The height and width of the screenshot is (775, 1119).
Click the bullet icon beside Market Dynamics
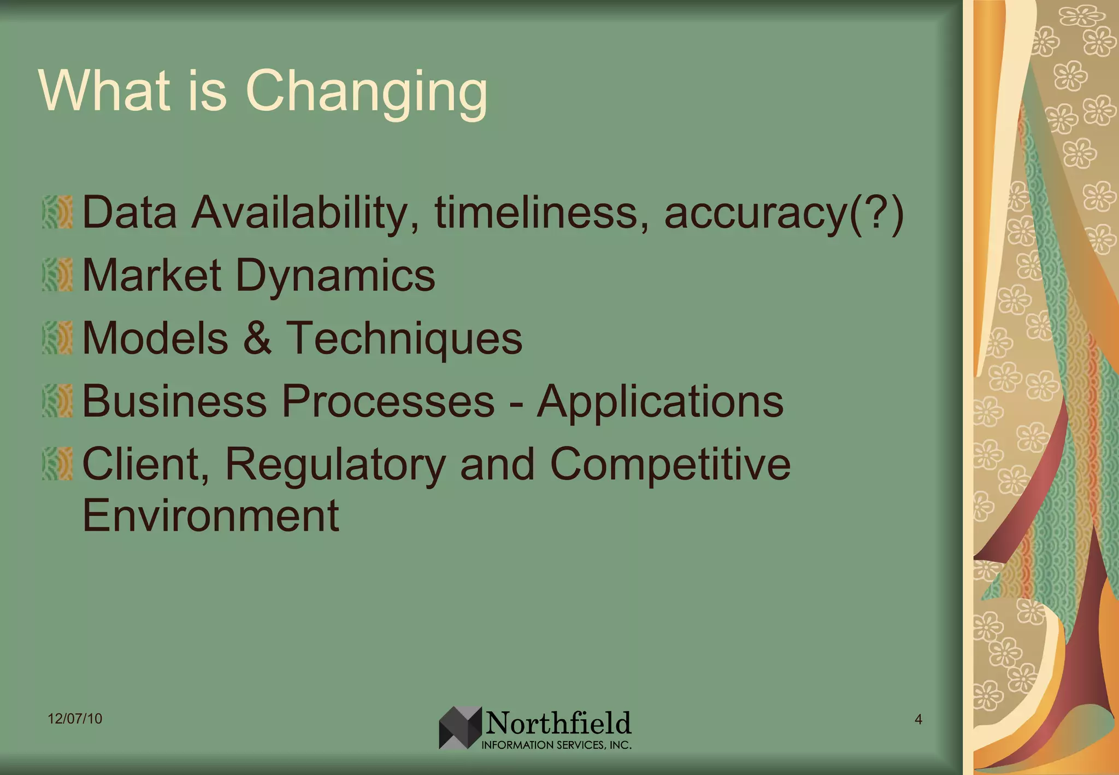[57, 275]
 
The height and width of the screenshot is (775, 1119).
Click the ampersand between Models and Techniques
[257, 338]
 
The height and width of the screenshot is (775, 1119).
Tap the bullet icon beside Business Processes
[57, 401]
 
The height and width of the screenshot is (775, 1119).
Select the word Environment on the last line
[210, 515]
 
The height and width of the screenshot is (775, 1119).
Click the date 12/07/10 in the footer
[75, 718]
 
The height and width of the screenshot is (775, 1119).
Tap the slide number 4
[918, 719]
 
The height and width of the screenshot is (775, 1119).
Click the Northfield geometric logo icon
[460, 727]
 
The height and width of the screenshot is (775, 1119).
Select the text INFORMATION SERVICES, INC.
[556, 745]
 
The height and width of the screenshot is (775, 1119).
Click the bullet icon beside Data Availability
[57, 212]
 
